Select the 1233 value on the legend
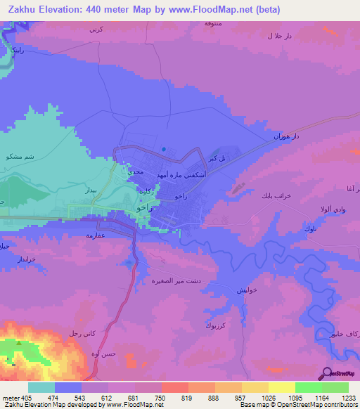(350, 398)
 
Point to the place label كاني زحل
(83, 332)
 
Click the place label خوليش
(247, 290)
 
